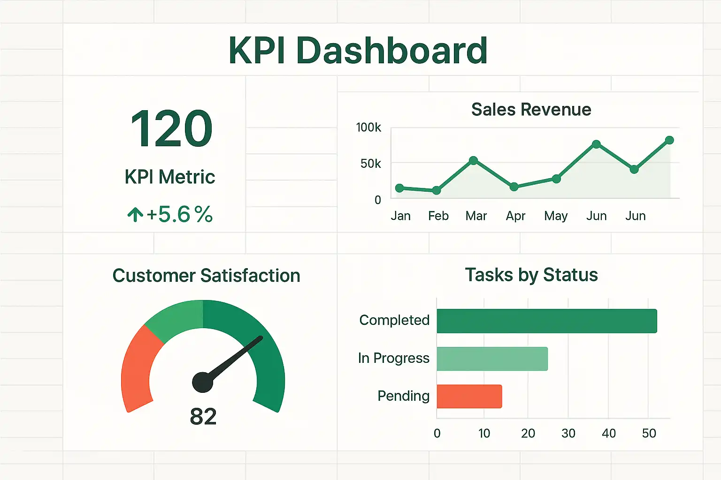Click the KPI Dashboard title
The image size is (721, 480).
click(358, 51)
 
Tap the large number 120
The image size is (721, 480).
click(171, 128)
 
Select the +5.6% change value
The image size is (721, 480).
click(179, 215)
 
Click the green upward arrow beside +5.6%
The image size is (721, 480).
click(135, 215)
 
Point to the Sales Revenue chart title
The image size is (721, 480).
click(531, 109)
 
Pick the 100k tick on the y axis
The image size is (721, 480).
click(368, 127)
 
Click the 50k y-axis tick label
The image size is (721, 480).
click(370, 164)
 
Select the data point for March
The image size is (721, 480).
click(473, 160)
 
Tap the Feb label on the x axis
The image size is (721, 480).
click(438, 216)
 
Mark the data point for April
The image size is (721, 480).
click(514, 187)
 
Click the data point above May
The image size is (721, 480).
click(556, 179)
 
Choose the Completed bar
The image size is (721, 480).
click(546, 321)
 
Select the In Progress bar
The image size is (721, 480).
click(492, 359)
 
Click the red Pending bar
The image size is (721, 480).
click(469, 397)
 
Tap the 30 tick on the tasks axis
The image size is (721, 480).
click(568, 433)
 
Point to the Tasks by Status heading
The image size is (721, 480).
click(531, 275)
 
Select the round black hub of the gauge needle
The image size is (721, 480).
click(203, 382)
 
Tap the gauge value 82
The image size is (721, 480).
click(203, 416)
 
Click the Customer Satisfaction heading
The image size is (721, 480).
click(206, 276)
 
